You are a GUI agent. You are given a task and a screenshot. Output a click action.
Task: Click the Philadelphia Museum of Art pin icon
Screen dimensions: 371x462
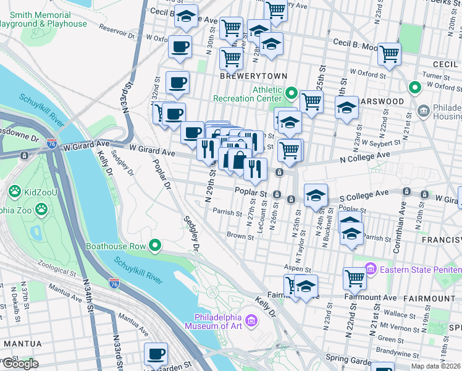click(251, 320)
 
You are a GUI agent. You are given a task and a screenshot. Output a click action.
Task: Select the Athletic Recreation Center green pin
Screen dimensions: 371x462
click(292, 94)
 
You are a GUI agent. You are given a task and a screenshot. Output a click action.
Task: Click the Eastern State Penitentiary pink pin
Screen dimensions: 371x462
click(371, 269)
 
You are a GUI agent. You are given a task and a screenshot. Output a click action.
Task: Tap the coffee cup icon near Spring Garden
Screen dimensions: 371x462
click(156, 354)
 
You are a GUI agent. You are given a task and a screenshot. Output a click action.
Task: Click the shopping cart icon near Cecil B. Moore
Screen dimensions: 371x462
click(389, 54)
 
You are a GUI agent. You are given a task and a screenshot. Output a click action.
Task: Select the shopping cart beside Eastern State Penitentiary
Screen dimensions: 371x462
click(355, 278)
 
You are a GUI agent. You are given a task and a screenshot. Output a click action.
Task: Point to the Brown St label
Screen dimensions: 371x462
click(236, 235)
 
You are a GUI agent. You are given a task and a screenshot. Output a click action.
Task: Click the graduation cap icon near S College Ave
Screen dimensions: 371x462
click(316, 196)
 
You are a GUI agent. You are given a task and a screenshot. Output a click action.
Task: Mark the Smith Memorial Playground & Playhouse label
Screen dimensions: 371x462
click(43, 19)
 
